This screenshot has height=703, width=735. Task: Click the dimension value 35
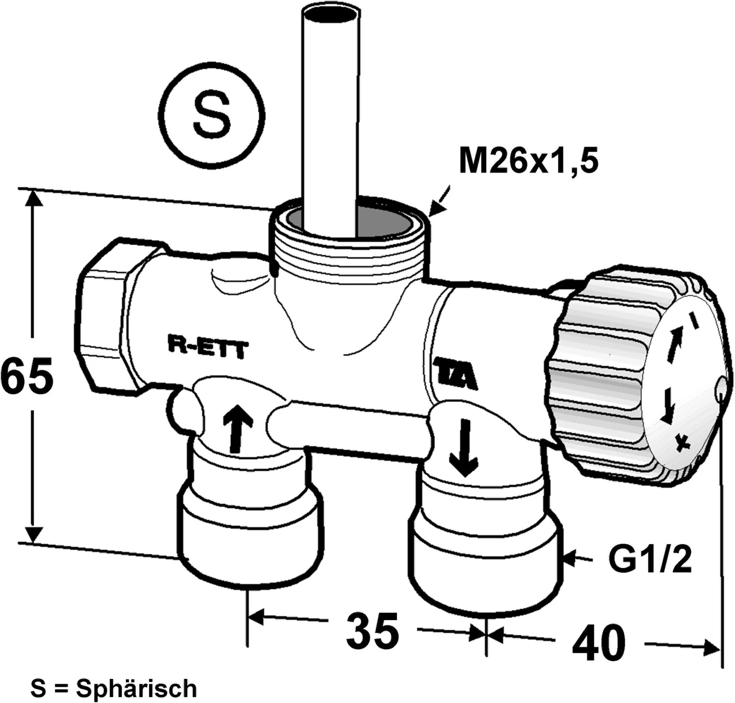point(372,631)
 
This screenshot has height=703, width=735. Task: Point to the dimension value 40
point(599,643)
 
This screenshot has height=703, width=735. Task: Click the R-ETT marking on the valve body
point(208,349)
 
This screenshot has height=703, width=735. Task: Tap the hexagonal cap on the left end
point(105,316)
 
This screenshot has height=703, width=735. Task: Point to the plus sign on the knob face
point(683,443)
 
